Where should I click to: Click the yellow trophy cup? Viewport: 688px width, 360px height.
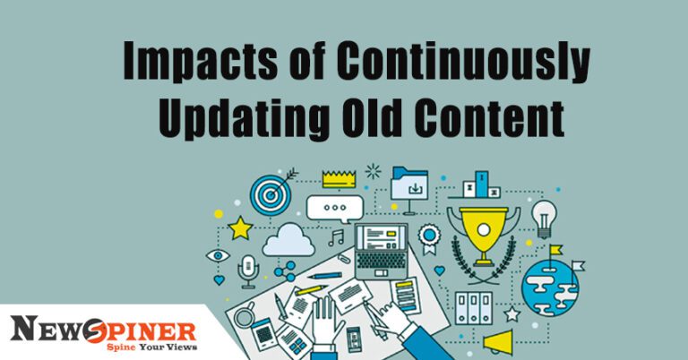[482, 227]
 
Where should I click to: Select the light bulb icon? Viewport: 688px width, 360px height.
[545, 218]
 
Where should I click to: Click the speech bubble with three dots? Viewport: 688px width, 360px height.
[334, 208]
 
